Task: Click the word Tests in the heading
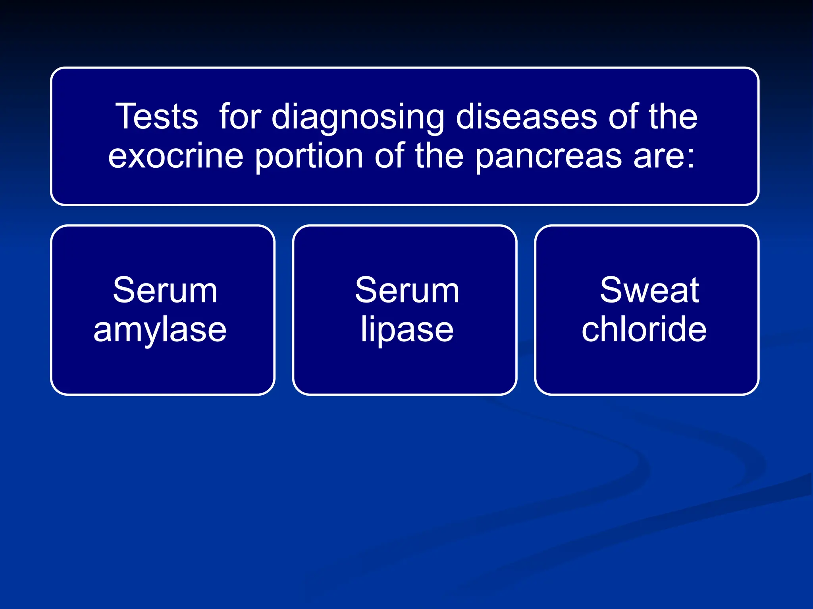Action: [156, 117]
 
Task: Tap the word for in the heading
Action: [240, 117]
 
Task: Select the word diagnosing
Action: [358, 118]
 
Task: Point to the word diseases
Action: [526, 117]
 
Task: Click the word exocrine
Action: [175, 156]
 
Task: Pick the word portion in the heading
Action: [309, 157]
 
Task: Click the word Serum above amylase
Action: [165, 291]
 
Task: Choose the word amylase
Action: [160, 331]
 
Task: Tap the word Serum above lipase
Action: [407, 291]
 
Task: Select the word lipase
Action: [407, 331]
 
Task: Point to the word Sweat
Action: [649, 291]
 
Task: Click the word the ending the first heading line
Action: [673, 117]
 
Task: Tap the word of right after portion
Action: [389, 156]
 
